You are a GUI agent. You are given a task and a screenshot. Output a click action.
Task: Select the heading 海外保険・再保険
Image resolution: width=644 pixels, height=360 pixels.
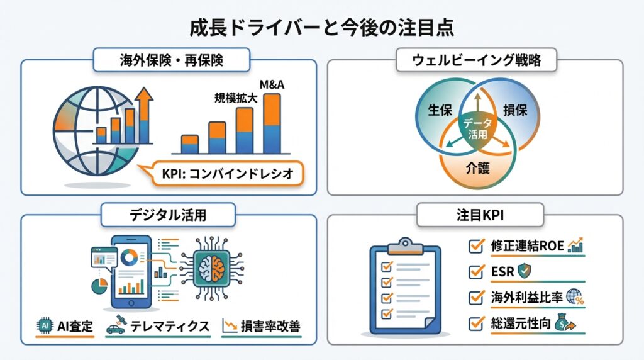[172, 61]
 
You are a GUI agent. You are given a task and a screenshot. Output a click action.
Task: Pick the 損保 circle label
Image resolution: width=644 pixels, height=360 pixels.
[515, 110]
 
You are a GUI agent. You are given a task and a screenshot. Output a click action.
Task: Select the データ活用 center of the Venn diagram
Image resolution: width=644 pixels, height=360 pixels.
[477, 127]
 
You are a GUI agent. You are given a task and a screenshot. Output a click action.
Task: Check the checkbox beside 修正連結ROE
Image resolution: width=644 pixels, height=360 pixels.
[476, 246]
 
